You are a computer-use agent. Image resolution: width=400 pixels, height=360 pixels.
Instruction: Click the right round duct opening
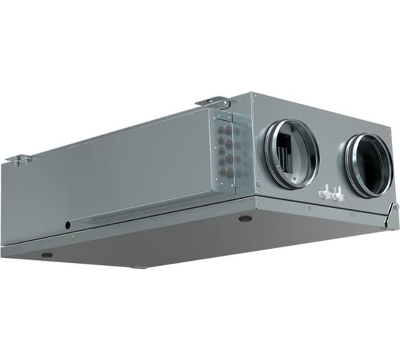[x=369, y=165]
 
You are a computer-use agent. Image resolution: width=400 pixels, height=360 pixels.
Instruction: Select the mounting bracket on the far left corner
[x=21, y=159]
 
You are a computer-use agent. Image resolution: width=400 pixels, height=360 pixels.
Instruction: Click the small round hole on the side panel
[x=69, y=226]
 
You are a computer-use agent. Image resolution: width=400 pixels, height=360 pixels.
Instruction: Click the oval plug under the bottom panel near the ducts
[x=245, y=219]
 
